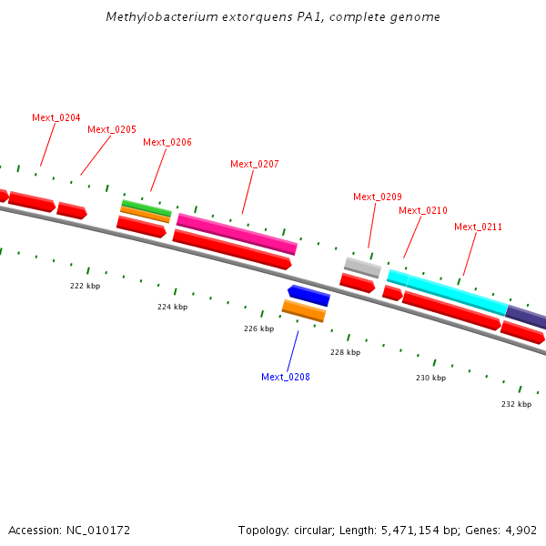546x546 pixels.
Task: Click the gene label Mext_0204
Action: [x=56, y=117]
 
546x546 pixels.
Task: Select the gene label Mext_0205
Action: [x=112, y=129]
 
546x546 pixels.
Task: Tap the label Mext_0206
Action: [x=167, y=142]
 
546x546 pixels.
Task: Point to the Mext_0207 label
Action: [x=255, y=164]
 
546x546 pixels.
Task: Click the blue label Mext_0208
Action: [x=286, y=377]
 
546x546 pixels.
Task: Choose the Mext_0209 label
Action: [x=378, y=197]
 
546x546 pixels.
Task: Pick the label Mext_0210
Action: [x=423, y=210]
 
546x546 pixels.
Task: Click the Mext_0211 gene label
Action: [x=478, y=227]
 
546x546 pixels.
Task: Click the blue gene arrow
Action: [x=308, y=295]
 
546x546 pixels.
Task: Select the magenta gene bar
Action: [x=237, y=234]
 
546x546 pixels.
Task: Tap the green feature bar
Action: [x=147, y=207]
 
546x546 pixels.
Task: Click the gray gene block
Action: [x=362, y=267]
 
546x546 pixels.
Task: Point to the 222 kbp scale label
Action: [x=86, y=286]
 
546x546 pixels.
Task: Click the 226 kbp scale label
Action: [x=258, y=329]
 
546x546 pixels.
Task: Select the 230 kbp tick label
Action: [x=431, y=378]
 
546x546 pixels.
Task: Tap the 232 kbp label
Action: [x=516, y=404]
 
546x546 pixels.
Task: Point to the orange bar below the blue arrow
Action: [x=304, y=310]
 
